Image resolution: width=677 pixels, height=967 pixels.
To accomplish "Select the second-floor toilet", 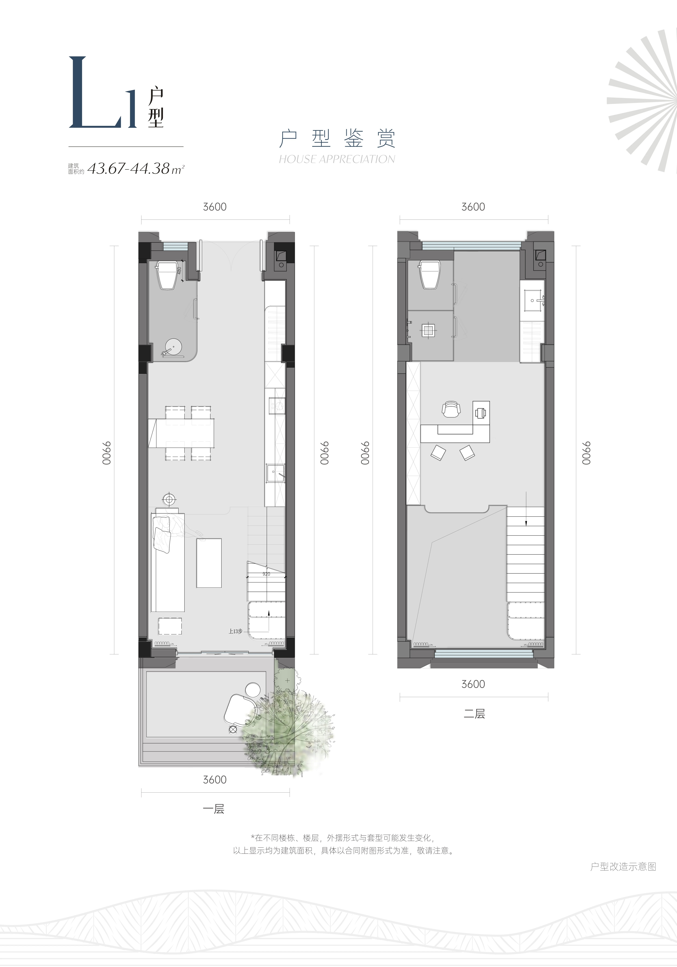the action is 430,274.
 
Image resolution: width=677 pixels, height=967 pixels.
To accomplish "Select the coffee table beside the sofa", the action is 209,563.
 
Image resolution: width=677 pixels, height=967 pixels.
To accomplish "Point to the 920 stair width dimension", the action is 266,574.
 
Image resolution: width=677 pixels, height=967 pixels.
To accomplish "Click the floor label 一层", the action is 214,809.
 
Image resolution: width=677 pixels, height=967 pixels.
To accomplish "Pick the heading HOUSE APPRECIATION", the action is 337,159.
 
